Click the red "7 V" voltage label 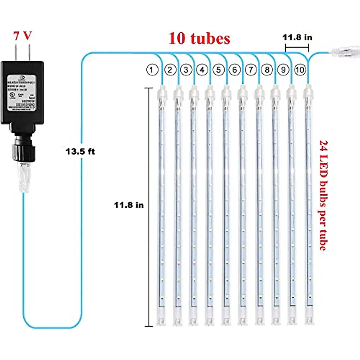[x=22, y=36]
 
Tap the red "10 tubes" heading [x=199, y=38]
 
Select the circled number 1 [x=152, y=70]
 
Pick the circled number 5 [x=218, y=70]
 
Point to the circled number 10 [x=299, y=70]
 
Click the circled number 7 [x=251, y=70]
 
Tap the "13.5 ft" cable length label [x=80, y=151]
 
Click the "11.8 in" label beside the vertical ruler [x=129, y=205]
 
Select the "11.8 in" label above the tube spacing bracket [x=297, y=37]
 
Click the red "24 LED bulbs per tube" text [x=323, y=195]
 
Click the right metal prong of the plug [x=29, y=52]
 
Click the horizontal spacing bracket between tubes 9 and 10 [x=297, y=47]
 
